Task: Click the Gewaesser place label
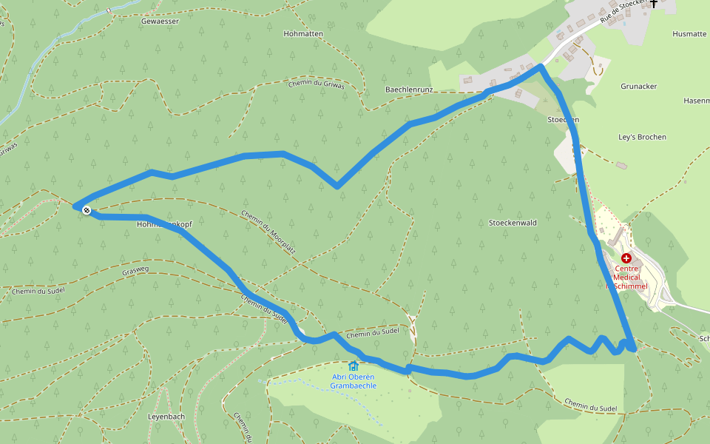coord(160,21)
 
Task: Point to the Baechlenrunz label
coord(409,90)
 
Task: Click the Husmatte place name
coord(689,33)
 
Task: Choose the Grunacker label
coord(638,87)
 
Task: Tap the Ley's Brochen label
coord(642,137)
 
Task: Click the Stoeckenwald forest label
coord(513,223)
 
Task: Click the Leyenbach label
coord(166,417)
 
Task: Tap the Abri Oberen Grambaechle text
coord(354,381)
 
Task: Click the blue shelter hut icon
coord(354,366)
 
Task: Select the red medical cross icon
coord(626,258)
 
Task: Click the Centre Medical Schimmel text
coord(627,277)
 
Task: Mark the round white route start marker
coord(87,211)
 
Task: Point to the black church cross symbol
coord(654,4)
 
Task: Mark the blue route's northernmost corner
coord(541,67)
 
